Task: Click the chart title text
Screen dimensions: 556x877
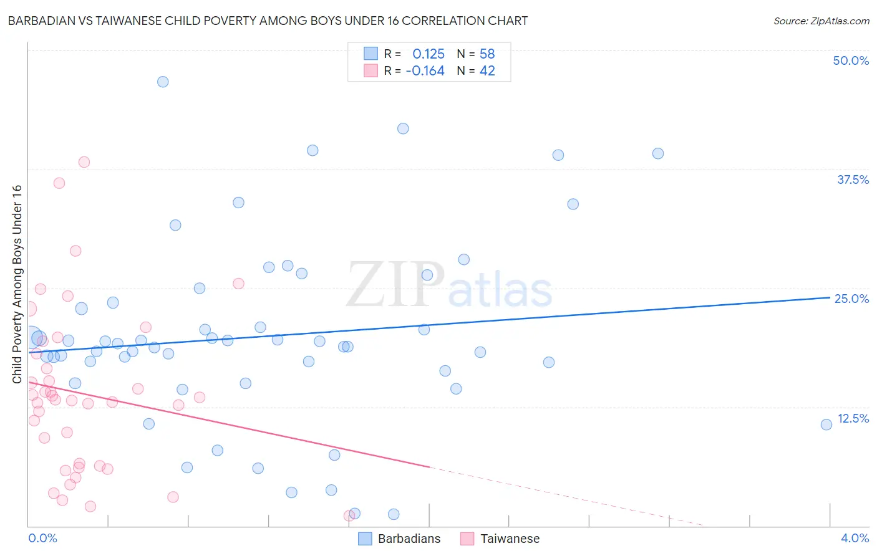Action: (x=268, y=21)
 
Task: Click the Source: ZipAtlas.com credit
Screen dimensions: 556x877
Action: (x=821, y=21)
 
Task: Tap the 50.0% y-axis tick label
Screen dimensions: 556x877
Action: (x=851, y=60)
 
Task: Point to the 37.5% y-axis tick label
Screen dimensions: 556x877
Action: (x=853, y=180)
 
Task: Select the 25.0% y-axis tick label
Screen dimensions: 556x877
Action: (x=851, y=299)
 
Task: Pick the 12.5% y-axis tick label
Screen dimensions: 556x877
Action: (x=853, y=418)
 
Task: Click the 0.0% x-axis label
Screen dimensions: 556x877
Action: (x=42, y=538)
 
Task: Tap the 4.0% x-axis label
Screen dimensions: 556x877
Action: (x=855, y=538)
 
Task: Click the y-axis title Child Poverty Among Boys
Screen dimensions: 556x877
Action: (x=17, y=284)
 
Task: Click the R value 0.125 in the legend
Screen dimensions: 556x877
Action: (x=429, y=54)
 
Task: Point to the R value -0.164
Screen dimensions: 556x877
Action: (x=425, y=71)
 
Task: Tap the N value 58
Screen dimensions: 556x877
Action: (x=487, y=54)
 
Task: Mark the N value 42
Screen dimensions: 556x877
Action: (x=487, y=71)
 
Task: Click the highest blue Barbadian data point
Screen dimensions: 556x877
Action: (x=163, y=82)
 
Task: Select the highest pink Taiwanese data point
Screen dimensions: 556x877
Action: (x=84, y=162)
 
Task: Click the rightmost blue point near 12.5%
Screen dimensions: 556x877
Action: (x=826, y=424)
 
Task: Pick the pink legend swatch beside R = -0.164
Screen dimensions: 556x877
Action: (x=371, y=70)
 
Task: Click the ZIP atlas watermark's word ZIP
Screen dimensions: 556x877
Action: (x=395, y=285)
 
